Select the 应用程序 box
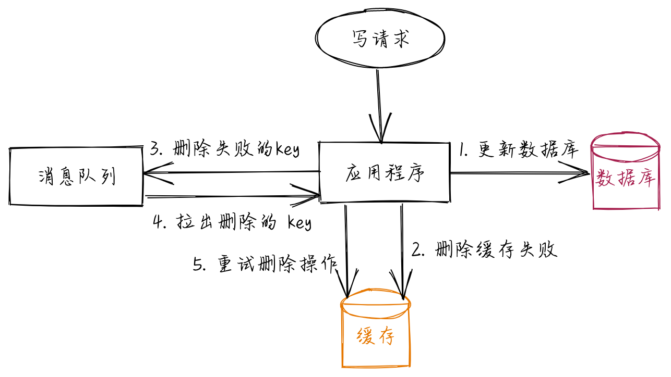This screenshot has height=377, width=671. tap(385, 172)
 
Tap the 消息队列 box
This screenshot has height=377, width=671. tap(76, 177)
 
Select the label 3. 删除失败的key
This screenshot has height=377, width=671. tap(224, 149)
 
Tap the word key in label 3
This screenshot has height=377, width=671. tap(287, 150)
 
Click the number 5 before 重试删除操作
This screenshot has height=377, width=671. tap(198, 265)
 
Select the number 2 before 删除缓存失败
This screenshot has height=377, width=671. tap(417, 250)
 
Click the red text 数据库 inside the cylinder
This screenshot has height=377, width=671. tap(625, 179)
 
